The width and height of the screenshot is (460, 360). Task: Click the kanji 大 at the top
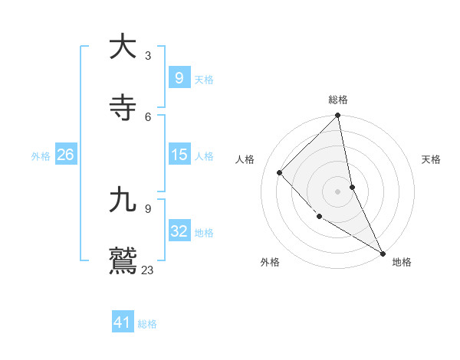(123, 47)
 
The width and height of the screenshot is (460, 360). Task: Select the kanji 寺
(123, 108)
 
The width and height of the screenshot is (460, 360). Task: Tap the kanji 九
(123, 200)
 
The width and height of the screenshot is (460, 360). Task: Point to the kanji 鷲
(123, 260)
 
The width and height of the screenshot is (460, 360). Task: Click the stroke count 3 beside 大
(148, 55)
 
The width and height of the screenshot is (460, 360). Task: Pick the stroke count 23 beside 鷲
(148, 270)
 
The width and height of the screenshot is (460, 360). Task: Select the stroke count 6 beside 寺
(148, 116)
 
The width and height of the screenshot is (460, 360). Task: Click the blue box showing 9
(179, 78)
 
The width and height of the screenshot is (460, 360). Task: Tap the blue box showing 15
(179, 155)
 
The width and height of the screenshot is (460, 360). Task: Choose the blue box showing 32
(179, 231)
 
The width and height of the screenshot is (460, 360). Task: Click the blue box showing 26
(65, 155)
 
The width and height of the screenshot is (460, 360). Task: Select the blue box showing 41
(123, 322)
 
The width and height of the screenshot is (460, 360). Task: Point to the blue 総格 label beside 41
(147, 324)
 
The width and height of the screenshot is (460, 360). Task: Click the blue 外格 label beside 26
(41, 156)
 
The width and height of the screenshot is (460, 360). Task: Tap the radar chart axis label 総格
(338, 100)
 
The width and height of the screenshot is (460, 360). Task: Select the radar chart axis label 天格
(431, 159)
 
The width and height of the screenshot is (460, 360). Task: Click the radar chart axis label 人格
(245, 159)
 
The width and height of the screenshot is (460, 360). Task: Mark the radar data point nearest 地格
(383, 253)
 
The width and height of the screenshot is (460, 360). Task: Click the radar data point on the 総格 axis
(338, 116)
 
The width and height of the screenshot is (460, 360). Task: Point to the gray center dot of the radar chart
(338, 191)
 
